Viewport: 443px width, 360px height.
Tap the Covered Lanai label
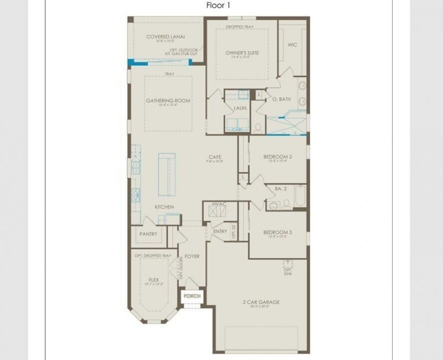pos(166,37)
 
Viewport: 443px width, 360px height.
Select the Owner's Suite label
pos(241,53)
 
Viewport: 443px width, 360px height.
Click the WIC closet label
pos(292,45)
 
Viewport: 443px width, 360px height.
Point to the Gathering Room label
pos(168,101)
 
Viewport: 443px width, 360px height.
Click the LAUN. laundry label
pos(240,109)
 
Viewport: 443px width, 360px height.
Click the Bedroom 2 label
pos(277,157)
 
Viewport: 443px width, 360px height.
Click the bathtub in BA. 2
pos(300,196)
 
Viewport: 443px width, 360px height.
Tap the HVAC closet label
pos(219,204)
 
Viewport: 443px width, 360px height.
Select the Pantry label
pos(148,234)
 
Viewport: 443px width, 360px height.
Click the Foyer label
pos(192,256)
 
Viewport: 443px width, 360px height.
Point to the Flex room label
pos(154,280)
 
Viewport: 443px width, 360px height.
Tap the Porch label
pos(192,296)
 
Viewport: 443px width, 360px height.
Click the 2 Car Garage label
pos(260,302)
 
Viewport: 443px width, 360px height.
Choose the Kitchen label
pos(164,207)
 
